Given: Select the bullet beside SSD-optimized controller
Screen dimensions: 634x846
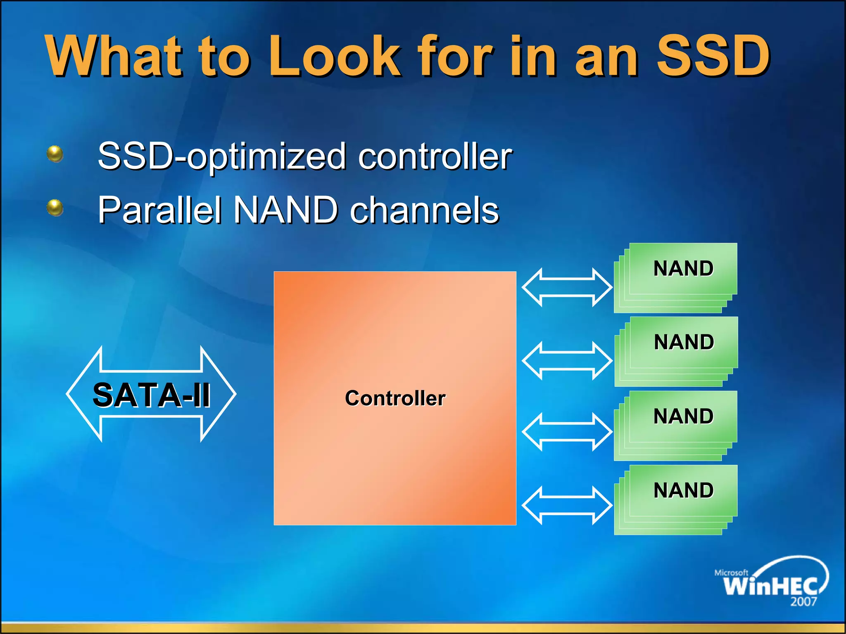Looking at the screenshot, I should [x=55, y=154].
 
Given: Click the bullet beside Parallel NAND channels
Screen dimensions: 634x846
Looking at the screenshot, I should [x=55, y=208].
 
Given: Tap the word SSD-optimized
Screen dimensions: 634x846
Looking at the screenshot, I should [x=222, y=157].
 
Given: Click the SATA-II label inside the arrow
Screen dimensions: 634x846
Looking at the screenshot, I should [x=152, y=395].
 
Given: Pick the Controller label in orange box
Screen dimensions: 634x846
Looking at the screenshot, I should [x=395, y=398].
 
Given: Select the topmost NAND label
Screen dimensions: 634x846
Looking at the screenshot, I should [x=683, y=268].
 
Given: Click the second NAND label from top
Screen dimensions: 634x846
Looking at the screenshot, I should [x=684, y=342].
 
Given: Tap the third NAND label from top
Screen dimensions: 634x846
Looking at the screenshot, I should [x=683, y=416].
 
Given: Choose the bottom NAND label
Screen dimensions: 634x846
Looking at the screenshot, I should [x=683, y=490].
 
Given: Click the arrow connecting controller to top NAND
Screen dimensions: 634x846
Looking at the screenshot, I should [x=567, y=287].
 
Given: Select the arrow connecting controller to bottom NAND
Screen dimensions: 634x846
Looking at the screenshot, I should [x=567, y=505].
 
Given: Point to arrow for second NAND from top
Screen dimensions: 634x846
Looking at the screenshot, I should [x=567, y=360].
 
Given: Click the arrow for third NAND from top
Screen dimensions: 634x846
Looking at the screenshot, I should [x=567, y=432].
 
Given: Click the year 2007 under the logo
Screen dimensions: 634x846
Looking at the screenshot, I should [x=803, y=602].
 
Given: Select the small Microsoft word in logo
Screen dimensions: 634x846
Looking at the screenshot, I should [x=731, y=572].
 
